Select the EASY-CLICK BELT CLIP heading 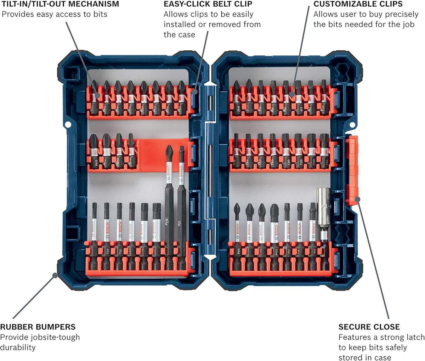208,4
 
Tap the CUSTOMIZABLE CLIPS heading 358,4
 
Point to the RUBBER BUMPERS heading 38,327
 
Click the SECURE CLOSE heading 369,327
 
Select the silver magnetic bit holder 324,213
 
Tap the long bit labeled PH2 169,199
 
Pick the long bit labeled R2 181,199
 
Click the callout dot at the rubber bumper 55,275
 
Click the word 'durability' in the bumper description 18,347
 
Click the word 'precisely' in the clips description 401,15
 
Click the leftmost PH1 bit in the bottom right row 237,231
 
